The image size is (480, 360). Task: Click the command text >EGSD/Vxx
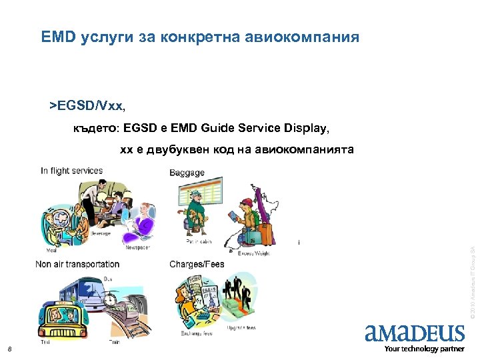click(x=87, y=105)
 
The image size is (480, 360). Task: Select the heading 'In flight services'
click(x=72, y=171)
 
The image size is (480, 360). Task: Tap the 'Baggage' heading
click(x=187, y=173)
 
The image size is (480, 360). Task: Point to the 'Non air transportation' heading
click(x=77, y=265)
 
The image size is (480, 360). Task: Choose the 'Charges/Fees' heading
click(x=197, y=265)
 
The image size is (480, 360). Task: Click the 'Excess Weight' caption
click(x=253, y=253)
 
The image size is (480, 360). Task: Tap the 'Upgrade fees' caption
click(x=241, y=327)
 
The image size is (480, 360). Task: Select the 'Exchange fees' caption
click(x=197, y=333)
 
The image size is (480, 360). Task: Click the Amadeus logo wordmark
click(x=415, y=333)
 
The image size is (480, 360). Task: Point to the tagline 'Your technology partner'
click(x=424, y=349)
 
